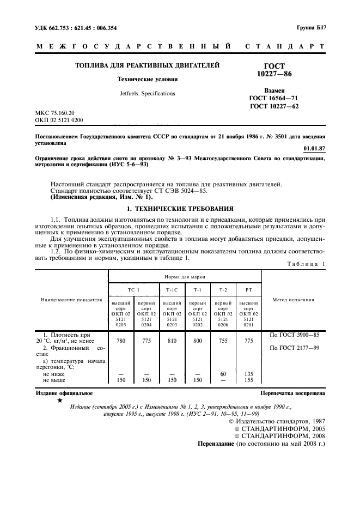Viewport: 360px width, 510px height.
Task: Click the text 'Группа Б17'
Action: click(x=311, y=27)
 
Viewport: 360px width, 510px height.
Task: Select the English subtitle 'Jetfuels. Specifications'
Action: click(x=148, y=93)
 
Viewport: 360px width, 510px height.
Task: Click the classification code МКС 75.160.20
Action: click(x=54, y=113)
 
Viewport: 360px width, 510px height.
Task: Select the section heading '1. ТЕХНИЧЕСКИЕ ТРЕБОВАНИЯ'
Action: click(x=180, y=208)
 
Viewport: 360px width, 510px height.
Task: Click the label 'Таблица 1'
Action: click(x=304, y=264)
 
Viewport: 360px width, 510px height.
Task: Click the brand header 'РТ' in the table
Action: click(x=248, y=289)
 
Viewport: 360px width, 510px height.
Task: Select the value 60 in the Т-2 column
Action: click(x=223, y=374)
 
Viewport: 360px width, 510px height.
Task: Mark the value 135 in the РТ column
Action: click(x=248, y=374)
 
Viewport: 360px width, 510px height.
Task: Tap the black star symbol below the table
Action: click(x=59, y=401)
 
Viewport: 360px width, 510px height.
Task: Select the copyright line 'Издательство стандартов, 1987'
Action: click(x=278, y=422)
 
